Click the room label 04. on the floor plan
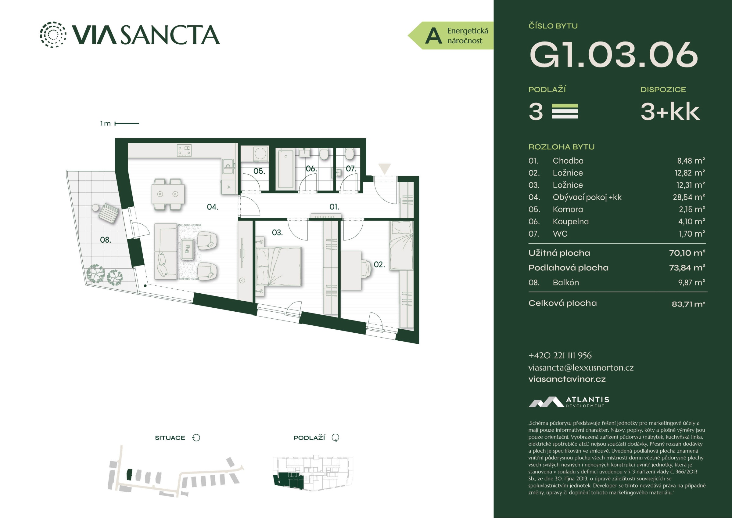(213, 207)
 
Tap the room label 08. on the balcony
(106, 240)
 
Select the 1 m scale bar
(127, 124)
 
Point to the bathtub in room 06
(286, 169)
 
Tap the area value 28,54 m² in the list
(689, 197)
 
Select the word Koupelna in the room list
(571, 222)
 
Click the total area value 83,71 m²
(688, 304)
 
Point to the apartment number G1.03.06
(614, 55)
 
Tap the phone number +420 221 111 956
(560, 356)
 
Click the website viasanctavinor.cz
(567, 379)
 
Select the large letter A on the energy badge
(434, 36)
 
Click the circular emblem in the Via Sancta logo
(53, 34)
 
